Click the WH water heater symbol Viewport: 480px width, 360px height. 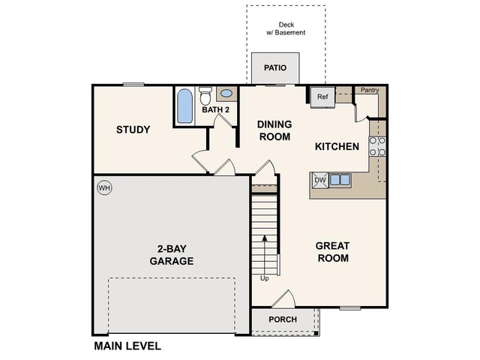tap(103, 187)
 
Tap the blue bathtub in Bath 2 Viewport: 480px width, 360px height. tap(184, 106)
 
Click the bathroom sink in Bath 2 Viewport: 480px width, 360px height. tap(226, 94)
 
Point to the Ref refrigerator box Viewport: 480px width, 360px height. tap(322, 96)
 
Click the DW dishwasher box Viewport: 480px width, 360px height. tap(319, 180)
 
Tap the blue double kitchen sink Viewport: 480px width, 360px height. tap(340, 180)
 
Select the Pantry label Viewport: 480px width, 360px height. tap(369, 91)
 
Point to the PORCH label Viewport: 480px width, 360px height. tap(282, 319)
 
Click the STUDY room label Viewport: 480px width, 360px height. tap(133, 130)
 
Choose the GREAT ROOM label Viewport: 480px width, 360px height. tap(332, 252)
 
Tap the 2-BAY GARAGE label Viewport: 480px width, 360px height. tap(171, 255)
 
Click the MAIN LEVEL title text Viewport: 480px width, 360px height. tap(127, 346)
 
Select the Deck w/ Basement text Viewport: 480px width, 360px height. tap(286, 28)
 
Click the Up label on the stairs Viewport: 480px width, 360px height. tap(264, 278)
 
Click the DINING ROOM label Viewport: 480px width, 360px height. tap(274, 130)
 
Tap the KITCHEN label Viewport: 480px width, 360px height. tap(337, 146)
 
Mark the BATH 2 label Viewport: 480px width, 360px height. tap(215, 111)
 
